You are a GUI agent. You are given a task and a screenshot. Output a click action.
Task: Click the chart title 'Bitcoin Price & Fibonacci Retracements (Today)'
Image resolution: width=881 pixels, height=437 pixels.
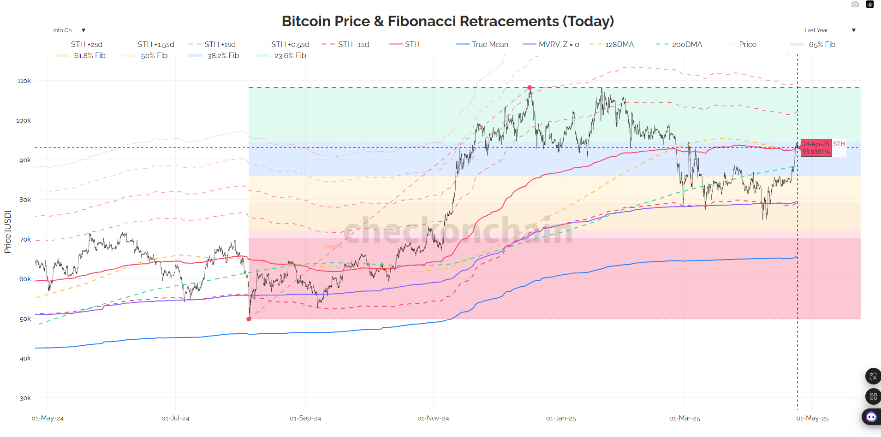coord(447,21)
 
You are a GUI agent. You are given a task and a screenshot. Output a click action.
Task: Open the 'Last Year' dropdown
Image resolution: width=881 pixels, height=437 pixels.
coord(829,30)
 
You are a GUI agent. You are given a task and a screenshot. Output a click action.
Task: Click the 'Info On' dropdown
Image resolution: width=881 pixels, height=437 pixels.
coord(68,30)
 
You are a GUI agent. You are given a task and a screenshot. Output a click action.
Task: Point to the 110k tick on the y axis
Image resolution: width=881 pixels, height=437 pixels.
coord(24,81)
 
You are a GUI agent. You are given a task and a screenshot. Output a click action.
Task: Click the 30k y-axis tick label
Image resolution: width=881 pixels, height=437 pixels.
coord(25,398)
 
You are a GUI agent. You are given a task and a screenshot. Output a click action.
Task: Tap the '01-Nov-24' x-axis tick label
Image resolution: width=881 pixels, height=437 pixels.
coord(433,418)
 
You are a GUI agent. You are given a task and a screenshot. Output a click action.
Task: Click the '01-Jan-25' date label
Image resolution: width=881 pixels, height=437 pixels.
coord(560,418)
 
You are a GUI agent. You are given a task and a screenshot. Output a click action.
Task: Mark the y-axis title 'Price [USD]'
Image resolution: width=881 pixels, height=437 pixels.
coord(7,231)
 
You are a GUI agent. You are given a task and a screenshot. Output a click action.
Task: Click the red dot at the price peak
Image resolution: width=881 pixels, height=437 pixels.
coord(530,88)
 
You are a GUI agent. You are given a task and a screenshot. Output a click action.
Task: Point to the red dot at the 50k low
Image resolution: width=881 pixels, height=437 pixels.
coord(249,319)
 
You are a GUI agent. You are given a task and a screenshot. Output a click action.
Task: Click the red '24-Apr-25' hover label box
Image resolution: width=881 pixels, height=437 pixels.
coord(816,148)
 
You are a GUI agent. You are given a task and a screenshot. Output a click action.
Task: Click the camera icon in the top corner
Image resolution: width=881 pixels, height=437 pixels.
coord(855,5)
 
